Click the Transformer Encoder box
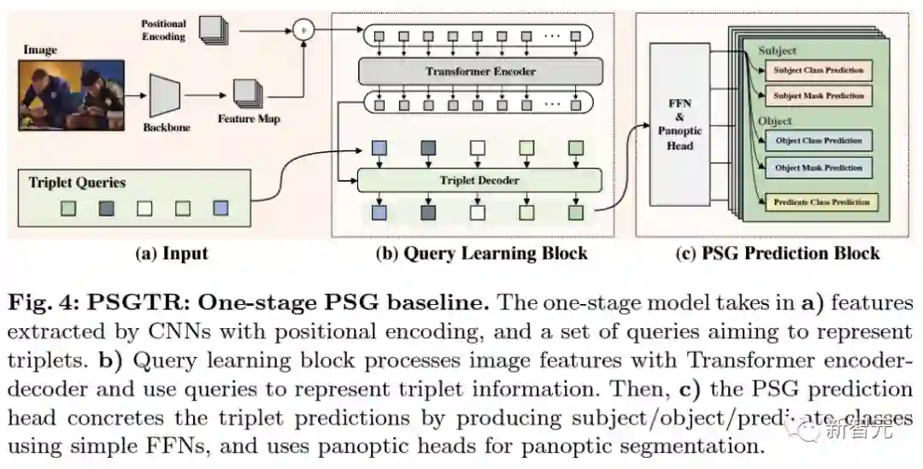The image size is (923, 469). (x=480, y=71)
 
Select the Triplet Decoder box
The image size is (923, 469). (x=479, y=180)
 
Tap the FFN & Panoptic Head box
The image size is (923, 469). (x=679, y=125)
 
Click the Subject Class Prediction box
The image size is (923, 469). (x=818, y=70)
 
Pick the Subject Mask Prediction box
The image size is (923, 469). (x=818, y=96)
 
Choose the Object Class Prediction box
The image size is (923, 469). (x=818, y=141)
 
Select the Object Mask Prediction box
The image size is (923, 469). (x=818, y=167)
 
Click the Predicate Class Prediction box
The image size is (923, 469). (x=821, y=202)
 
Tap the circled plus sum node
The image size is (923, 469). (x=302, y=32)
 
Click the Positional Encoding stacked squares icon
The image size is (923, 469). (x=214, y=29)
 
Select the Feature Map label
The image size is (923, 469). (x=249, y=119)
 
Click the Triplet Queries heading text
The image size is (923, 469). (x=77, y=182)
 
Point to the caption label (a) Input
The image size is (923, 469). (x=172, y=253)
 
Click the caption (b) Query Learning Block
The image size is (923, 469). (x=481, y=253)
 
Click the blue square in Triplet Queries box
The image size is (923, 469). (x=221, y=208)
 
